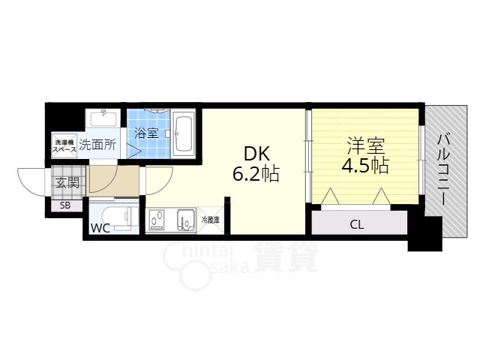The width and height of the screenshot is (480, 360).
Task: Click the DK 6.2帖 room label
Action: (256, 164)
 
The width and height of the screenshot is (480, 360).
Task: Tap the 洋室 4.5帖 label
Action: (365, 155)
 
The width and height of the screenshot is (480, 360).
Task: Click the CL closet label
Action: (357, 225)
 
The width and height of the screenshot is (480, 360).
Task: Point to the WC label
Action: (100, 228)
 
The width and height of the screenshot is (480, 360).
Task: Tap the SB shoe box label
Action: (65, 205)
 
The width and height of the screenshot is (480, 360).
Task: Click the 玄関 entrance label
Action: (67, 183)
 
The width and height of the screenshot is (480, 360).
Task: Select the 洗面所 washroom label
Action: (97, 145)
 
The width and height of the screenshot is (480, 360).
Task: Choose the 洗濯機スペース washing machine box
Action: (64, 145)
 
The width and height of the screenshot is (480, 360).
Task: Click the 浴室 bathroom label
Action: (146, 133)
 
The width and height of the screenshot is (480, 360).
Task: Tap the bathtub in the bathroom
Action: (183, 134)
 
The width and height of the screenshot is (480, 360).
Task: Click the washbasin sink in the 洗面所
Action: (103, 118)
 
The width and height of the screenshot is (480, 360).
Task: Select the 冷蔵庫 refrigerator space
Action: (210, 220)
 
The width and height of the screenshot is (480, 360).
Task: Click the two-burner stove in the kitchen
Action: (157, 220)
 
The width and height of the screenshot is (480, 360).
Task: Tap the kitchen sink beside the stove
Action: (186, 220)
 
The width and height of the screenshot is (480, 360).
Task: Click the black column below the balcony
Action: (425, 233)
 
